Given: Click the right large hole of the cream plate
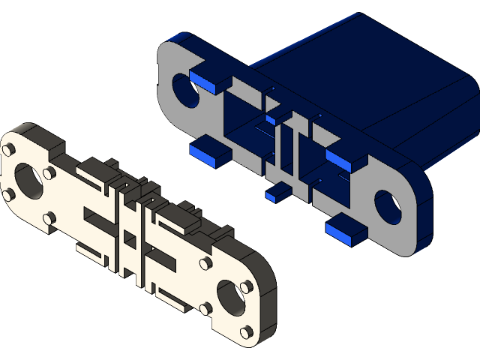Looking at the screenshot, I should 230,295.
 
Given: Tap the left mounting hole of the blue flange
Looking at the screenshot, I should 185,89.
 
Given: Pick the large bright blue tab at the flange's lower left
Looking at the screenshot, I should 211,153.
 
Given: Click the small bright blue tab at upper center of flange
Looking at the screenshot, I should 278,116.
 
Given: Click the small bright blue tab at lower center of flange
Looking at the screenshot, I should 278,193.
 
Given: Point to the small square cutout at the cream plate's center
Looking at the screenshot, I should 129,240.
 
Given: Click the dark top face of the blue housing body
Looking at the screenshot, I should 360,60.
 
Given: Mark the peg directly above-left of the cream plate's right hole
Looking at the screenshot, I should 205,265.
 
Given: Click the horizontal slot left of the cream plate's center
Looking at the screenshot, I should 97,218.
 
